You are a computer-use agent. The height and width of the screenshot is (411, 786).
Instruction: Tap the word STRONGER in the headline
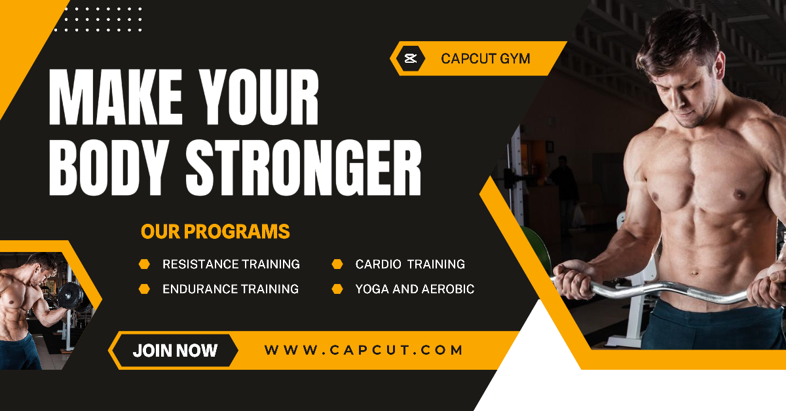(303, 166)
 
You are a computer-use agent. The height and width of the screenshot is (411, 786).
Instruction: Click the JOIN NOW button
(175, 350)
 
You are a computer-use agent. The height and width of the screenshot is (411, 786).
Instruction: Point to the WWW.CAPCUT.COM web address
(364, 350)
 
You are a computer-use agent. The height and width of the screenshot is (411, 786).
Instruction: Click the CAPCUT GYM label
(485, 59)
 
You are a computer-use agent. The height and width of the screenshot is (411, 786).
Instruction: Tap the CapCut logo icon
(411, 59)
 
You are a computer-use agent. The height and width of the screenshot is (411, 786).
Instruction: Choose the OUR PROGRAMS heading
(215, 232)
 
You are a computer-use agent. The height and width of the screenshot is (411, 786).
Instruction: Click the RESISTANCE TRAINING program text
(231, 264)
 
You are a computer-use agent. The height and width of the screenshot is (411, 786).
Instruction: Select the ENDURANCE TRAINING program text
(230, 289)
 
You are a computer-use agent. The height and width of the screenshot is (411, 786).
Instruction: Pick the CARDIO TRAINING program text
(410, 264)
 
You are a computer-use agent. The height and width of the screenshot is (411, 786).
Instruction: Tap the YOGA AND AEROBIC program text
(415, 289)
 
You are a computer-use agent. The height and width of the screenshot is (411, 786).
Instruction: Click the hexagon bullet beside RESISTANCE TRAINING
(145, 264)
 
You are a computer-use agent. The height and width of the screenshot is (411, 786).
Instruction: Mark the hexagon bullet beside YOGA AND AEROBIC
(337, 289)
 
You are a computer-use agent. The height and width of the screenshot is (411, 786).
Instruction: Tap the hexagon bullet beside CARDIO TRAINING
(337, 264)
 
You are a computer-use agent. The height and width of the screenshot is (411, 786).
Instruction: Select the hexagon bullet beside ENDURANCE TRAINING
(145, 289)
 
